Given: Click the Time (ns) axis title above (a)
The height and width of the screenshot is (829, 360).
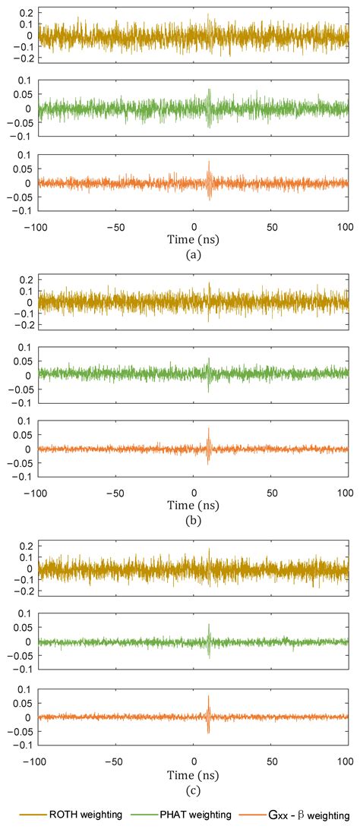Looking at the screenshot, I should coord(193,239).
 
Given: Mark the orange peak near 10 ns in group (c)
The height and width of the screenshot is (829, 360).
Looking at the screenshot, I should coord(208,696).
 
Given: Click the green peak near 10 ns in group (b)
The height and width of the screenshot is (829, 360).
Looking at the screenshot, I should coord(208,359).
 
